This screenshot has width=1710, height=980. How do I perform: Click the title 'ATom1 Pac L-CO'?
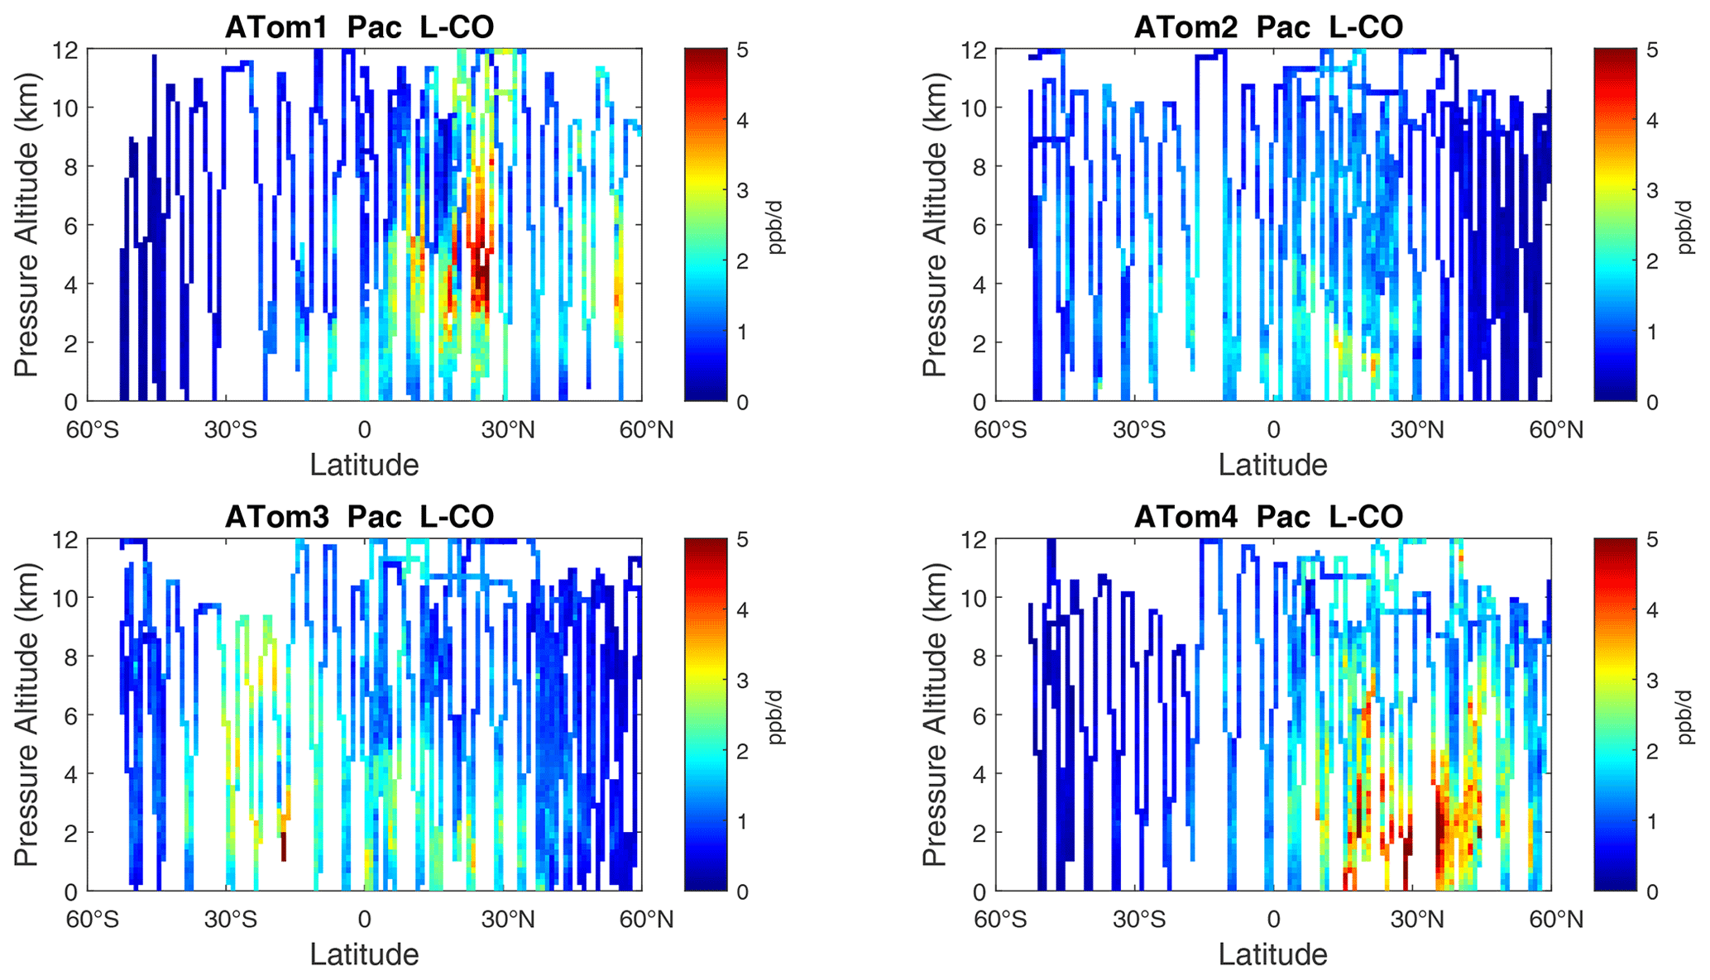point(359,26)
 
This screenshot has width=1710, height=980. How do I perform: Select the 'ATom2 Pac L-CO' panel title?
point(1267,26)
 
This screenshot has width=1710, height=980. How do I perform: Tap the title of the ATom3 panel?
point(359,516)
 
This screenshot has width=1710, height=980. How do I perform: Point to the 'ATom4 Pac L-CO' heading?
point(1267,516)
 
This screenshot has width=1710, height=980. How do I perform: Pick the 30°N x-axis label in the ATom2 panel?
point(1416,430)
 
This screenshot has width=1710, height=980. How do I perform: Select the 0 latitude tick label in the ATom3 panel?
point(365,920)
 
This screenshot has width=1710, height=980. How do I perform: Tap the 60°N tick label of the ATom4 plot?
point(1553,920)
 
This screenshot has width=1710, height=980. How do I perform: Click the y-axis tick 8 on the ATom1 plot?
point(70,166)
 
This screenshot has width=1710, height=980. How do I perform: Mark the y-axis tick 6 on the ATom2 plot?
point(979,225)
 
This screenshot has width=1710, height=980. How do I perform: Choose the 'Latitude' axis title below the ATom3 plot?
point(364,954)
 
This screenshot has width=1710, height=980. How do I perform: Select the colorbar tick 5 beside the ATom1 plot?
point(742,50)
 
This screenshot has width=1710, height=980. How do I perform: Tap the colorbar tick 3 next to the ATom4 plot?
point(1651,681)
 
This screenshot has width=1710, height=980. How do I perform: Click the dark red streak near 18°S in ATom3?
point(284,846)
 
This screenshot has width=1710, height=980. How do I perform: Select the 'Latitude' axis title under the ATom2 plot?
point(1272,465)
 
